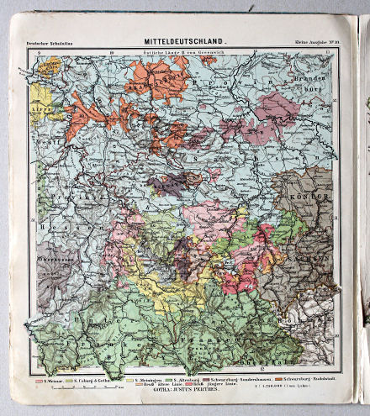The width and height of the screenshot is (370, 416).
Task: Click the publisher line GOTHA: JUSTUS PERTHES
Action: pyautogui.click(x=185, y=393)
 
